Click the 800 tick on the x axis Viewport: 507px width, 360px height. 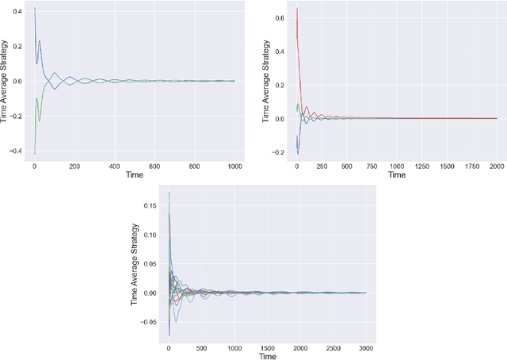pos(195,167)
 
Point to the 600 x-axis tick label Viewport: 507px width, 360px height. pos(154,167)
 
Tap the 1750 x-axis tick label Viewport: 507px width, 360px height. pos(457,167)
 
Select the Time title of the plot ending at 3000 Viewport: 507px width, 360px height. pos(267,356)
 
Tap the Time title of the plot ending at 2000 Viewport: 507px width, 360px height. pos(397,175)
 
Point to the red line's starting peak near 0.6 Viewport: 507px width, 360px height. pos(297,9)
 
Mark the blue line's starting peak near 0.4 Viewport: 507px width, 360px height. pos(34,8)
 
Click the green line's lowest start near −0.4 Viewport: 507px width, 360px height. pos(34,153)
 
